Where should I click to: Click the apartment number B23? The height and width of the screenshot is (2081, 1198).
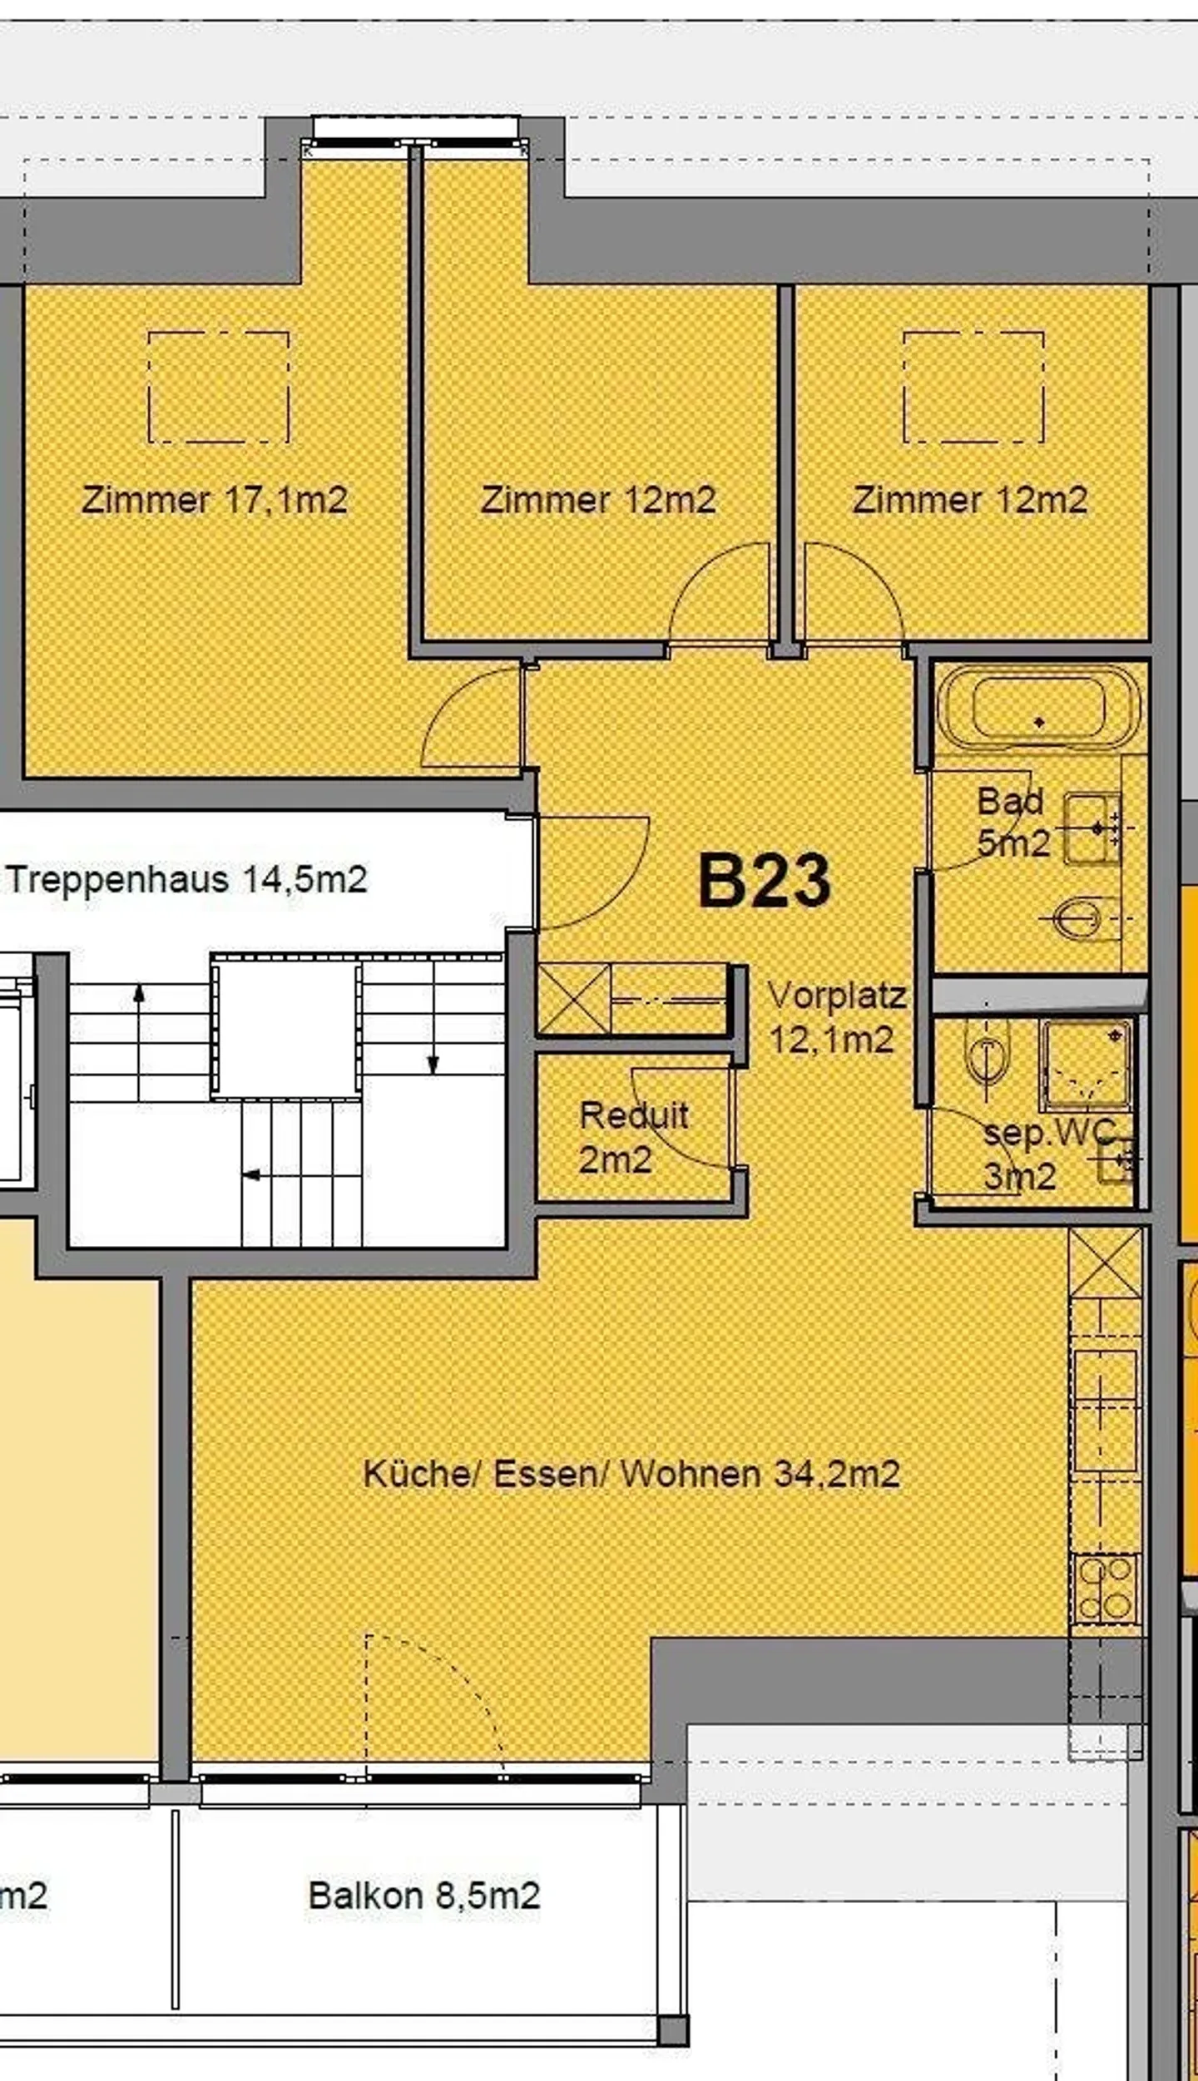764,880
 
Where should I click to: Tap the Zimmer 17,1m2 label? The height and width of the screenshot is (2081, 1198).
214,500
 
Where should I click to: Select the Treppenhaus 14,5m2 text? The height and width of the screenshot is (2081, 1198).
186,880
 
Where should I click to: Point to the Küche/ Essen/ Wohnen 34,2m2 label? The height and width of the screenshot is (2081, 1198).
631,1474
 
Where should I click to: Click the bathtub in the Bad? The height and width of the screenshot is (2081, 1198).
1038,708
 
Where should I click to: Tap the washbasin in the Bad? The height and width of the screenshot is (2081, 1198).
1093,828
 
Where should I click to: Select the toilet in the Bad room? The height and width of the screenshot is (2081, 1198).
1082,920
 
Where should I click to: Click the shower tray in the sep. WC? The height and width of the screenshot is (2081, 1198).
1085,1065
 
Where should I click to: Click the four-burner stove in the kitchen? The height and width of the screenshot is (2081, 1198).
1105,1590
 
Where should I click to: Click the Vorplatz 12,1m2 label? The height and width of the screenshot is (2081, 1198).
835,1017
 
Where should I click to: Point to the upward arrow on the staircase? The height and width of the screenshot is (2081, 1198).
139,994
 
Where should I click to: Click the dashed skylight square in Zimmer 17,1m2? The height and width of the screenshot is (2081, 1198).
219,387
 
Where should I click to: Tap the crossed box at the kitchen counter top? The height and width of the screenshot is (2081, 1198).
1105,1263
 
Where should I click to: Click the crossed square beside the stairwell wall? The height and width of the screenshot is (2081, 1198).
574,998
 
